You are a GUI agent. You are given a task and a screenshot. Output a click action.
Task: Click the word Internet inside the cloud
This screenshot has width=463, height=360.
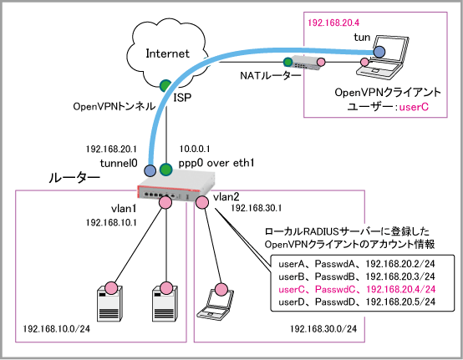(167, 53)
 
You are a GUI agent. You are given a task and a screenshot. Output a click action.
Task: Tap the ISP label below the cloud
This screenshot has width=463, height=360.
(182, 98)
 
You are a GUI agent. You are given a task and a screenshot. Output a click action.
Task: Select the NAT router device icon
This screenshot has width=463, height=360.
(306, 63)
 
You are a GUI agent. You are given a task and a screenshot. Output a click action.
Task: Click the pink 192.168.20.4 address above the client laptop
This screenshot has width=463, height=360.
(333, 23)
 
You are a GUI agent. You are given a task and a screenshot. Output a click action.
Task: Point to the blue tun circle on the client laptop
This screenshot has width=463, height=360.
(379, 52)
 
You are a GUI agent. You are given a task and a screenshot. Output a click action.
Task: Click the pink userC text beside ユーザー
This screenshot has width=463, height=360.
(414, 107)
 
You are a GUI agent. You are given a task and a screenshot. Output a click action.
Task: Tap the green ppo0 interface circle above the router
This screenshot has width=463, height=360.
(166, 170)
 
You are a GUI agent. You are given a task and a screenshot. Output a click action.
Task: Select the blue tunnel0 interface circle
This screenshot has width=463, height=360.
(150, 170)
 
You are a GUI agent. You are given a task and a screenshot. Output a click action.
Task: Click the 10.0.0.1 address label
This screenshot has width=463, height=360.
(195, 149)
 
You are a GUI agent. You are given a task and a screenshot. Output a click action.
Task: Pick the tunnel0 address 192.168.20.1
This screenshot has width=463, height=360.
(111, 149)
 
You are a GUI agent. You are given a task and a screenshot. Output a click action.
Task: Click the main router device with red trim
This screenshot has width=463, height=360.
(177, 187)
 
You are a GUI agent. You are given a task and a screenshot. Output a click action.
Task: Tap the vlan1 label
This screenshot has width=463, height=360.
(124, 209)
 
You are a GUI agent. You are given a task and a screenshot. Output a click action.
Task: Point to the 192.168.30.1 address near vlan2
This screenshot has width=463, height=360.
(256, 208)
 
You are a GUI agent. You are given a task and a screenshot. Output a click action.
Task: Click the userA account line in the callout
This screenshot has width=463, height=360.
(357, 263)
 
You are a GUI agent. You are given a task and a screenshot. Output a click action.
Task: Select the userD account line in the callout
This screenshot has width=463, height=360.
(357, 302)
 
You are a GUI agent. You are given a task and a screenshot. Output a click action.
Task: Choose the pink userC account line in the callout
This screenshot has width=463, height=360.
(357, 289)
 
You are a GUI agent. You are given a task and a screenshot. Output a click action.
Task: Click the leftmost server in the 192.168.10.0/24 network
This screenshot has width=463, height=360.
(109, 304)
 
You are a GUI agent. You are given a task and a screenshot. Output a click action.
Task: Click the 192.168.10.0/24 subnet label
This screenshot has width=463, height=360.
(56, 328)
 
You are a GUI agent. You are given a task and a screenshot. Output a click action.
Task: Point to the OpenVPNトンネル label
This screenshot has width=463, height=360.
(114, 106)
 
